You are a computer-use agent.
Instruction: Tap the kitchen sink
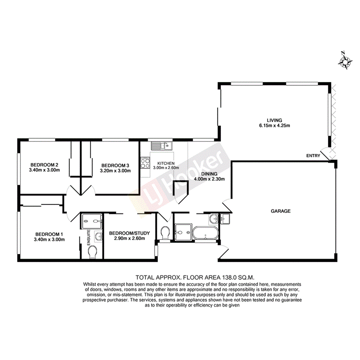coord(161,146)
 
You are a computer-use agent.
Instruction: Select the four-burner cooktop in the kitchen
coord(145,163)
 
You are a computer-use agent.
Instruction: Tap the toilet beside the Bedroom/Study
coord(165,233)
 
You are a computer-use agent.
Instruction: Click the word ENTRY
coord(313,156)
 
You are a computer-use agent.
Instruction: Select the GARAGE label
coord(280,211)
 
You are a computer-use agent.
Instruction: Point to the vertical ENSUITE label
coord(88,236)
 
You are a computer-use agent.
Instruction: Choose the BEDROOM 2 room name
coord(44,164)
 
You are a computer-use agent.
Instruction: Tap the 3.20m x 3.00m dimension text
coord(115,170)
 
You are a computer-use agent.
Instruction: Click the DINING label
coord(209,174)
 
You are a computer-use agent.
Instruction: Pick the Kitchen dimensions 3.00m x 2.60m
coord(166,168)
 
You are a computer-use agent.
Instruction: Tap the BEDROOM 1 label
coord(49,234)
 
